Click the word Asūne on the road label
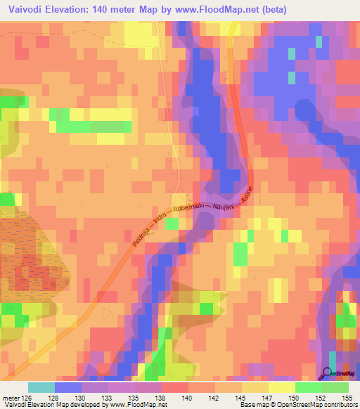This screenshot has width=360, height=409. pos(246,196)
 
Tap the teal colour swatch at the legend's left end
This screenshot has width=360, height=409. pos(41,387)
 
